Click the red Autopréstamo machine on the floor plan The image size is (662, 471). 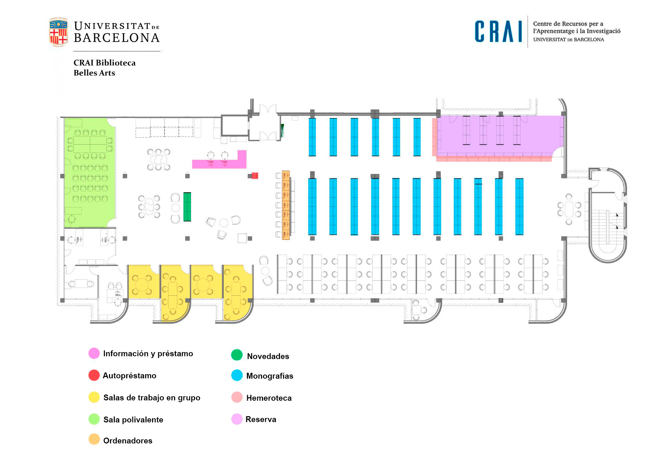(255, 176)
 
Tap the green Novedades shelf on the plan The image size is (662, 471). (187, 207)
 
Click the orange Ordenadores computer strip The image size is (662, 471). (285, 205)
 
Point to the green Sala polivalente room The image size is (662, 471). (90, 172)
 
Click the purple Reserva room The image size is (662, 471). (500, 134)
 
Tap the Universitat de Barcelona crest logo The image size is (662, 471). (58, 32)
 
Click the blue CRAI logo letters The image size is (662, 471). (498, 31)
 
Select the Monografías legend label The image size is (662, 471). (270, 376)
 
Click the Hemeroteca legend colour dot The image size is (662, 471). (237, 397)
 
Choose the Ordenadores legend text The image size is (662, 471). (128, 441)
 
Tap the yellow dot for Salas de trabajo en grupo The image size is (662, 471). (94, 397)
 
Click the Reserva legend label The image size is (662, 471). (261, 419)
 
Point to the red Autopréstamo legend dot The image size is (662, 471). (94, 375)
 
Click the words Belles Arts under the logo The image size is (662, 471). (94, 73)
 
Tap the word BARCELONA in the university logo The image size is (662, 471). (117, 38)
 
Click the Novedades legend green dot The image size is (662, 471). (237, 355)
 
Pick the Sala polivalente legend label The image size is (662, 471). (133, 420)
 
